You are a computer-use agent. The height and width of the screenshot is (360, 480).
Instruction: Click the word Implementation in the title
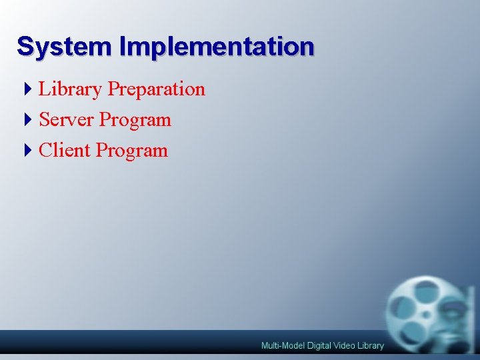pyautogui.click(x=217, y=46)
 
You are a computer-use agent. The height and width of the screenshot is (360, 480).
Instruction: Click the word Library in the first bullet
pyautogui.click(x=71, y=89)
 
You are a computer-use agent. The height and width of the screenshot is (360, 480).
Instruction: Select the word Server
pyautogui.click(x=67, y=120)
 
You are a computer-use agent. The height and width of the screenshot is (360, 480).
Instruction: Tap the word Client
pyautogui.click(x=65, y=150)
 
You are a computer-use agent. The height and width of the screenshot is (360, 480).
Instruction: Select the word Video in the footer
pyautogui.click(x=346, y=345)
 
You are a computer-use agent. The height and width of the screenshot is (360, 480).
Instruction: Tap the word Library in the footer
pyautogui.click(x=371, y=345)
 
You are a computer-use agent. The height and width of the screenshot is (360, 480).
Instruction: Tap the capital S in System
pyautogui.click(x=25, y=46)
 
